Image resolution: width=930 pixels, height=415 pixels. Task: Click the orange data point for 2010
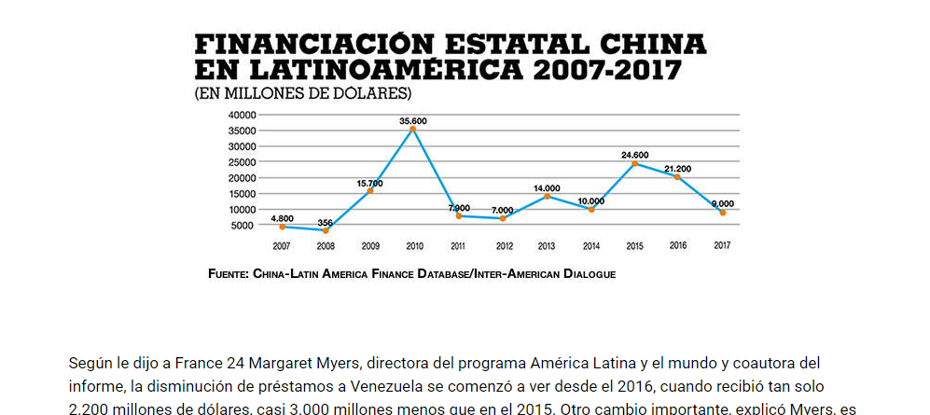(x=413, y=129)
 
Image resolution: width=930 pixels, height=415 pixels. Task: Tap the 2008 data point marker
(x=326, y=229)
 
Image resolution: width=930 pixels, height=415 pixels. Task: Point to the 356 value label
(x=326, y=222)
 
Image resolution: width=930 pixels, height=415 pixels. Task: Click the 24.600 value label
(x=634, y=155)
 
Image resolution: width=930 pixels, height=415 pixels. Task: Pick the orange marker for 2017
(x=722, y=213)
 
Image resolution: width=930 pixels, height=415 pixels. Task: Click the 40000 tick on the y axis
(x=241, y=115)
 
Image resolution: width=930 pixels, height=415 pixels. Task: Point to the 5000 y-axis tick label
(x=243, y=226)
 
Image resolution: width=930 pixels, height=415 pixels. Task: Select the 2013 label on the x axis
(x=546, y=246)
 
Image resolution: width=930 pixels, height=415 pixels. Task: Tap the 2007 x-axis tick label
(x=281, y=246)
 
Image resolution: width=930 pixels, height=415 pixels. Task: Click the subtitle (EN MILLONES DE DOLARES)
(x=303, y=94)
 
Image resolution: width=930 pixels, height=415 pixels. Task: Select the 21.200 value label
(x=678, y=169)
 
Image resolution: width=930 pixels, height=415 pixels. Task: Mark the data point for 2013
(x=547, y=196)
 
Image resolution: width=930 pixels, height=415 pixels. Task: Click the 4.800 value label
(x=282, y=218)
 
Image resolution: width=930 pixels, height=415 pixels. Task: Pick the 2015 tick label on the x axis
(x=634, y=246)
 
